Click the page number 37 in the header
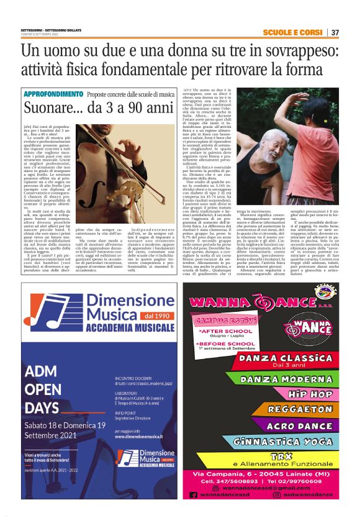[x=335, y=33]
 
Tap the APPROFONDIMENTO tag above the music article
[x=53, y=94]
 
